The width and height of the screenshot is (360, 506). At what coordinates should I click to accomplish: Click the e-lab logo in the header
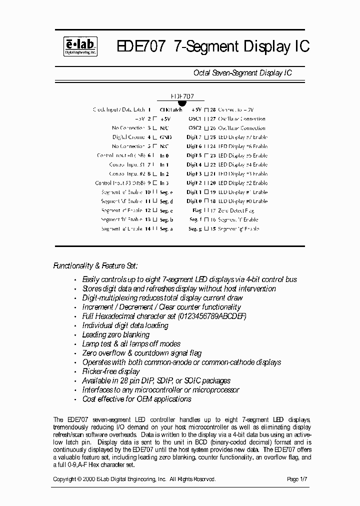(80, 46)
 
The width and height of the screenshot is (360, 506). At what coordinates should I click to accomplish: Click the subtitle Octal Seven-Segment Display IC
(242, 73)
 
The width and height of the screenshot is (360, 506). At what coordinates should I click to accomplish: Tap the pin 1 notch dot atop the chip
(182, 103)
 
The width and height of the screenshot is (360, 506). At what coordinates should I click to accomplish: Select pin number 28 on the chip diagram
(213, 109)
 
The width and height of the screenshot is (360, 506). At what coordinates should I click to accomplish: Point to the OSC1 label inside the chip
(194, 119)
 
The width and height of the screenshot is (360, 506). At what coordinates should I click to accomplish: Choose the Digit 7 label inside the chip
(194, 137)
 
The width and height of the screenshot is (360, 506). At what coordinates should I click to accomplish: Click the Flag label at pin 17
(196, 210)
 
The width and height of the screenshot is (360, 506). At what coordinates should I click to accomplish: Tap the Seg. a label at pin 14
(166, 229)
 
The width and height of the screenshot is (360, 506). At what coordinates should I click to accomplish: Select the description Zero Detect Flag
(236, 210)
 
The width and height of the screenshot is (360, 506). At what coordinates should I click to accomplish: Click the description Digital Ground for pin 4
(128, 137)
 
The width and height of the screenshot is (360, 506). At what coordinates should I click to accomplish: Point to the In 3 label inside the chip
(164, 183)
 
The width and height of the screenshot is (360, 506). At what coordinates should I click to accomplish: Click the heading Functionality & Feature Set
(95, 266)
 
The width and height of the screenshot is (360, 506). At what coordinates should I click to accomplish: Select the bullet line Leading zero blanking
(115, 334)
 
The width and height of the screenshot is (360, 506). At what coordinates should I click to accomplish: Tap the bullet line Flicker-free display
(111, 371)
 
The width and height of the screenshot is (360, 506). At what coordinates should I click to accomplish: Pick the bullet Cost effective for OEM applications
(136, 399)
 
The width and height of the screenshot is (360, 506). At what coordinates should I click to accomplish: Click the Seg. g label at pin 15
(195, 229)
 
